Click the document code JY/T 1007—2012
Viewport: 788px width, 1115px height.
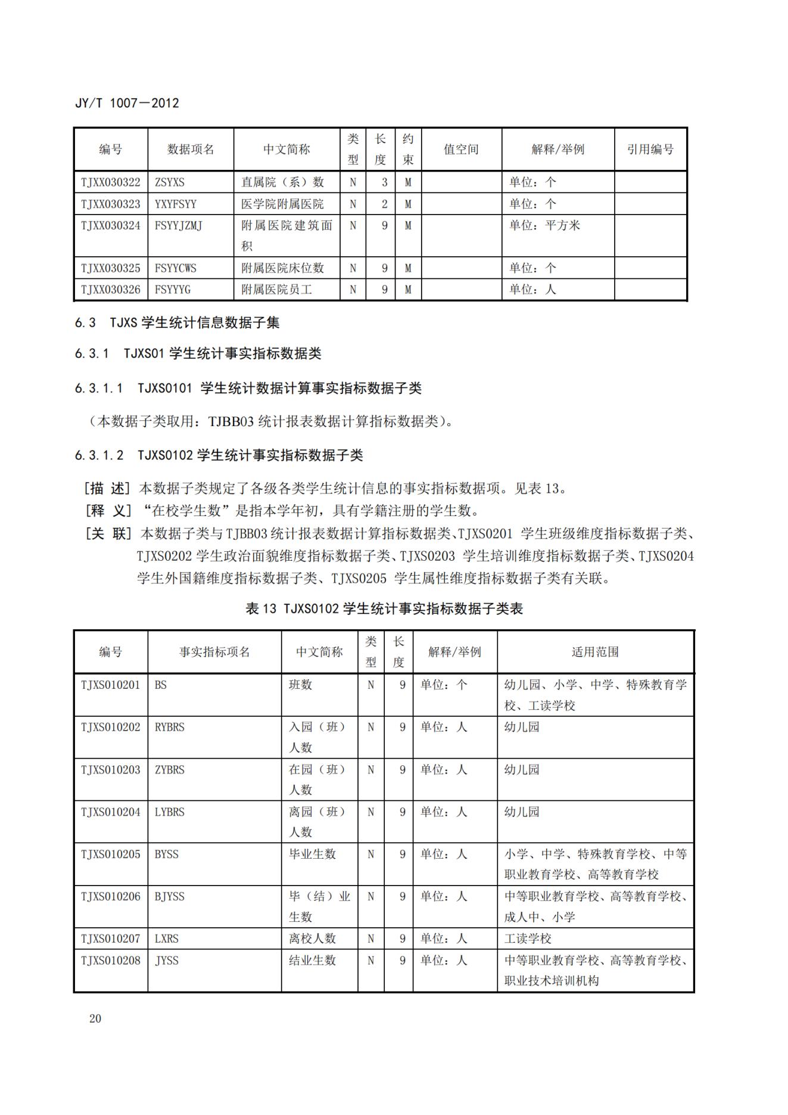(127, 103)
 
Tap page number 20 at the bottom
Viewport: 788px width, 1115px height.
(95, 1018)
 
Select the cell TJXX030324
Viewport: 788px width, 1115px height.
(111, 226)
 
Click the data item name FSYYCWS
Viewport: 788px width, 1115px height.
(175, 268)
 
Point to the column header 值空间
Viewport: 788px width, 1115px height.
(461, 150)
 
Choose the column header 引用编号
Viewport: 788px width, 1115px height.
(650, 150)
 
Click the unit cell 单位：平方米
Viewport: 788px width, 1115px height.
(544, 226)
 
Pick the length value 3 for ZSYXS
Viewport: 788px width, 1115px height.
(384, 182)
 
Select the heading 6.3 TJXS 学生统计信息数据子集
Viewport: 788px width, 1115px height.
(177, 323)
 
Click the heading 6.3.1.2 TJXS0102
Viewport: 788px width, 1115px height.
(219, 456)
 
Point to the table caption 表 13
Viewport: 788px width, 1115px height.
(384, 608)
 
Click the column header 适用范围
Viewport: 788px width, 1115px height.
(595, 652)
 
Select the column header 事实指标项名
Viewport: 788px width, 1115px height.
(214, 652)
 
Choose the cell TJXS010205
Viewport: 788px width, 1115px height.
(111, 854)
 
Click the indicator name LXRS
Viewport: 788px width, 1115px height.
(167, 939)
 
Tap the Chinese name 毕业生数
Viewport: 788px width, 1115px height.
(312, 854)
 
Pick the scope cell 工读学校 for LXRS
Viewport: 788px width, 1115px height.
(528, 939)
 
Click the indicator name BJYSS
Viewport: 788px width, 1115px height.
(170, 896)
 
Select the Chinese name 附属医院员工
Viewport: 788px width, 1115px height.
(276, 290)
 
